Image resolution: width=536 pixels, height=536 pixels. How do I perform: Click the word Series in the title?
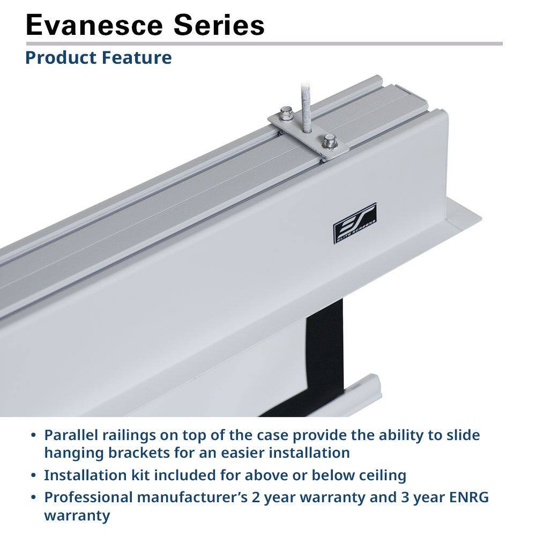(225, 25)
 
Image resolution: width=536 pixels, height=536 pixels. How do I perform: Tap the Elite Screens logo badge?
(355, 223)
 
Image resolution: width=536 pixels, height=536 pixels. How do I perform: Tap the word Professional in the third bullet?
(88, 497)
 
